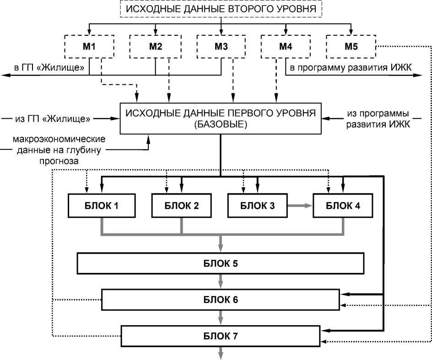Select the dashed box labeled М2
coord(155,46)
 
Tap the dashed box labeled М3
coord(221,46)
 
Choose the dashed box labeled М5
coord(351,46)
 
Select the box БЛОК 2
coord(182,206)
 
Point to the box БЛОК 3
coord(258,206)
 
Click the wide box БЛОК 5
coord(220,264)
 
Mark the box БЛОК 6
coord(220,300)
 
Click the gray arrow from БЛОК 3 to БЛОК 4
coord(300,206)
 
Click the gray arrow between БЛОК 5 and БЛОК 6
coord(221,281)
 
